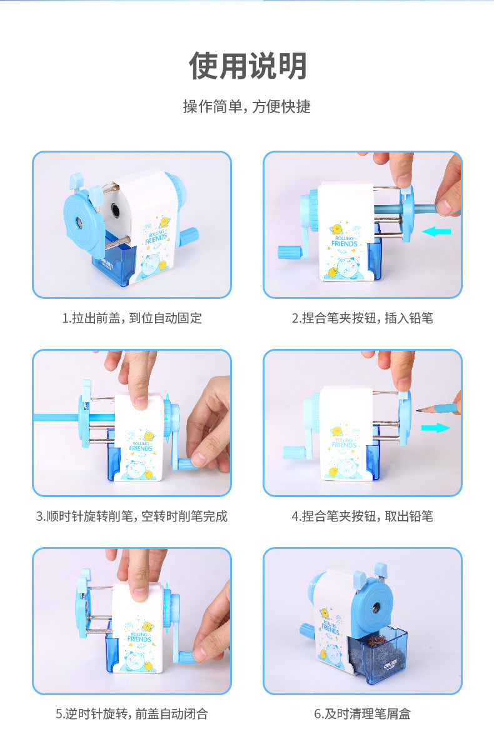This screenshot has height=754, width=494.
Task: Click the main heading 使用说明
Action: (248, 66)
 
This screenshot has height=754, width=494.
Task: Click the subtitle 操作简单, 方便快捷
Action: (247, 107)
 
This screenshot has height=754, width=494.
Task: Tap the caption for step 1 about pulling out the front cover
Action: (132, 318)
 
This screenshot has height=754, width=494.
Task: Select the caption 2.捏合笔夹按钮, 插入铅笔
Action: (362, 318)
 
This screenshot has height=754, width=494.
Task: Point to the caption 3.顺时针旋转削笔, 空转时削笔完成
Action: (132, 516)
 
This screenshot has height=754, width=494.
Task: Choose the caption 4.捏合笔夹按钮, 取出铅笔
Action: (362, 516)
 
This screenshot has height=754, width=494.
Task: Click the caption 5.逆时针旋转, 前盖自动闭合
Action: (132, 713)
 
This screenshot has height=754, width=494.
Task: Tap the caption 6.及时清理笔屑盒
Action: (362, 713)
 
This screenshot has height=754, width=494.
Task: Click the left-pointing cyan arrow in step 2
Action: (436, 231)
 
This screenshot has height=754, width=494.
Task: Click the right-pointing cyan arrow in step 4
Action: (436, 428)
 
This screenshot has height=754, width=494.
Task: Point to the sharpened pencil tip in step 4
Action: (418, 410)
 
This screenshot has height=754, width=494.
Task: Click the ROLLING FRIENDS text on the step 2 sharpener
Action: (344, 241)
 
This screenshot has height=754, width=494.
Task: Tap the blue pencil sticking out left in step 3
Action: (58, 418)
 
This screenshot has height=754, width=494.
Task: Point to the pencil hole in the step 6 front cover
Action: (376, 608)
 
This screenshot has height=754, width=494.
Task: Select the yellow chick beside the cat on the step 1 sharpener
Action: (163, 265)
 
